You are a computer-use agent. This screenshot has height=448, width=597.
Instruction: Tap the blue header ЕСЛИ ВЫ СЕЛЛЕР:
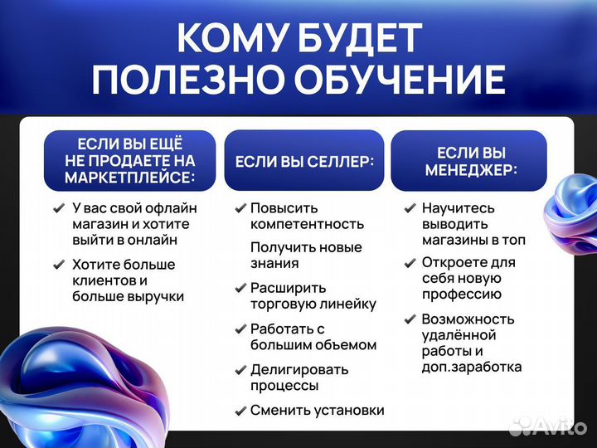coord(304,161)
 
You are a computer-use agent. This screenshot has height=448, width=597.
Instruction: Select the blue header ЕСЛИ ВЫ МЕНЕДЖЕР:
coord(470,161)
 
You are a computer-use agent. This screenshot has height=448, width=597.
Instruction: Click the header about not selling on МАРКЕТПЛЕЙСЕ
coord(130,161)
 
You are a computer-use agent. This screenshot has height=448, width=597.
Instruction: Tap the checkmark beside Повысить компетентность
coord(240,208)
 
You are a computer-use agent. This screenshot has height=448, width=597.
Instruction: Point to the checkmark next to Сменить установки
coord(240,410)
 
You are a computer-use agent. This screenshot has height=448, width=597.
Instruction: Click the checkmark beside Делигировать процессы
coord(240,369)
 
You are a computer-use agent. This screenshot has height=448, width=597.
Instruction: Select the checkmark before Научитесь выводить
coord(410,208)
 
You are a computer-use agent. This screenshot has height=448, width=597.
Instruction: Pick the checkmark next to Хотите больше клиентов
coord(59,265)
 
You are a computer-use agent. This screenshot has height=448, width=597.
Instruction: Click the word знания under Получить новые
coord(274,264)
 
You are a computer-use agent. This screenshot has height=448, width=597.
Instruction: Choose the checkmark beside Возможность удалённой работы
coord(410,319)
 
